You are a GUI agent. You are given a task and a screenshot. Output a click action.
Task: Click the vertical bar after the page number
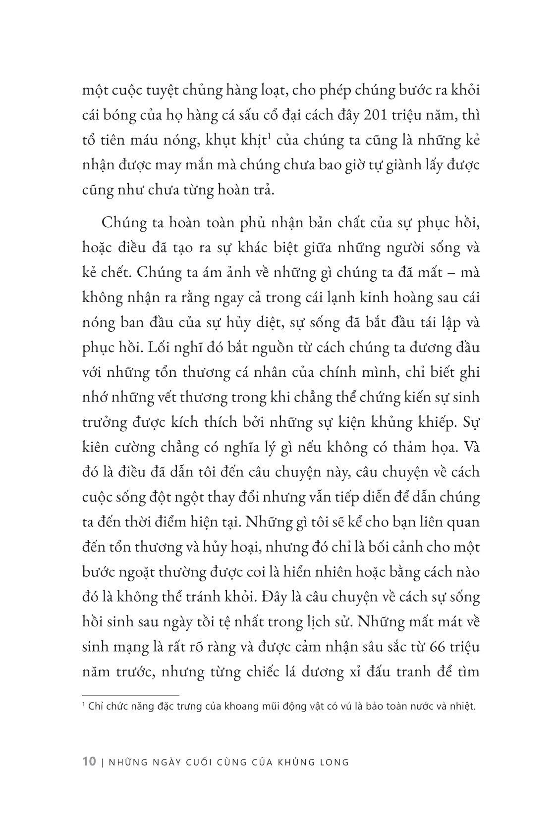pos(102,763)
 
